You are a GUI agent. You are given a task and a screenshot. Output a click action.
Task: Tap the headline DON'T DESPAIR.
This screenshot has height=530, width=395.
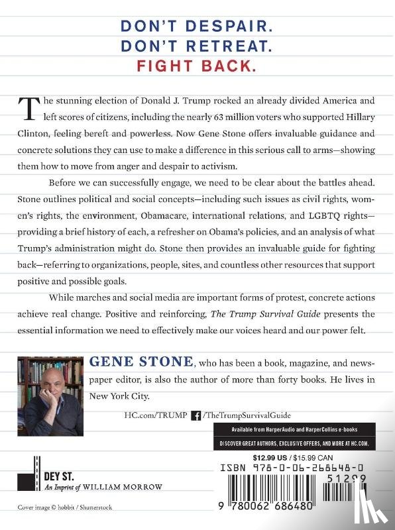point(197,25)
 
